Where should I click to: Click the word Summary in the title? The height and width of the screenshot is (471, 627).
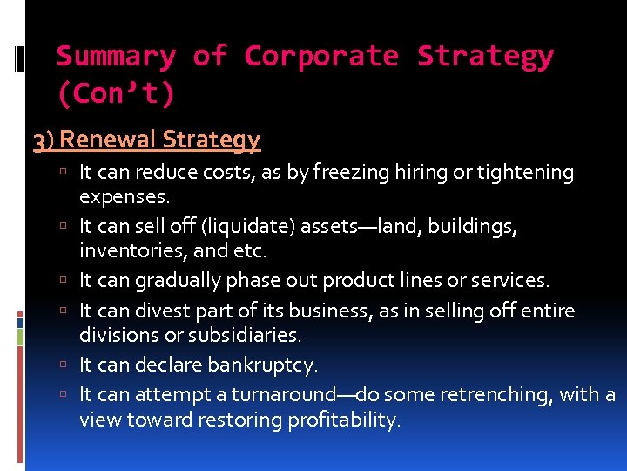(x=116, y=57)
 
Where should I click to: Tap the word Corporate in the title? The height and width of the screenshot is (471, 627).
(x=321, y=57)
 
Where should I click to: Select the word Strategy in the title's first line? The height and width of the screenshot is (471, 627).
(x=485, y=57)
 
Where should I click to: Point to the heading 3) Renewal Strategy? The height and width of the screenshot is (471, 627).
(x=146, y=140)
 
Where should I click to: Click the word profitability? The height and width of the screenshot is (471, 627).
(x=340, y=420)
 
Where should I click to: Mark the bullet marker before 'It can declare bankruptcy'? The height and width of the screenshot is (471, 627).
(x=67, y=365)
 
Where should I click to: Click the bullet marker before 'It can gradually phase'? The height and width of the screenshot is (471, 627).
(x=67, y=281)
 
